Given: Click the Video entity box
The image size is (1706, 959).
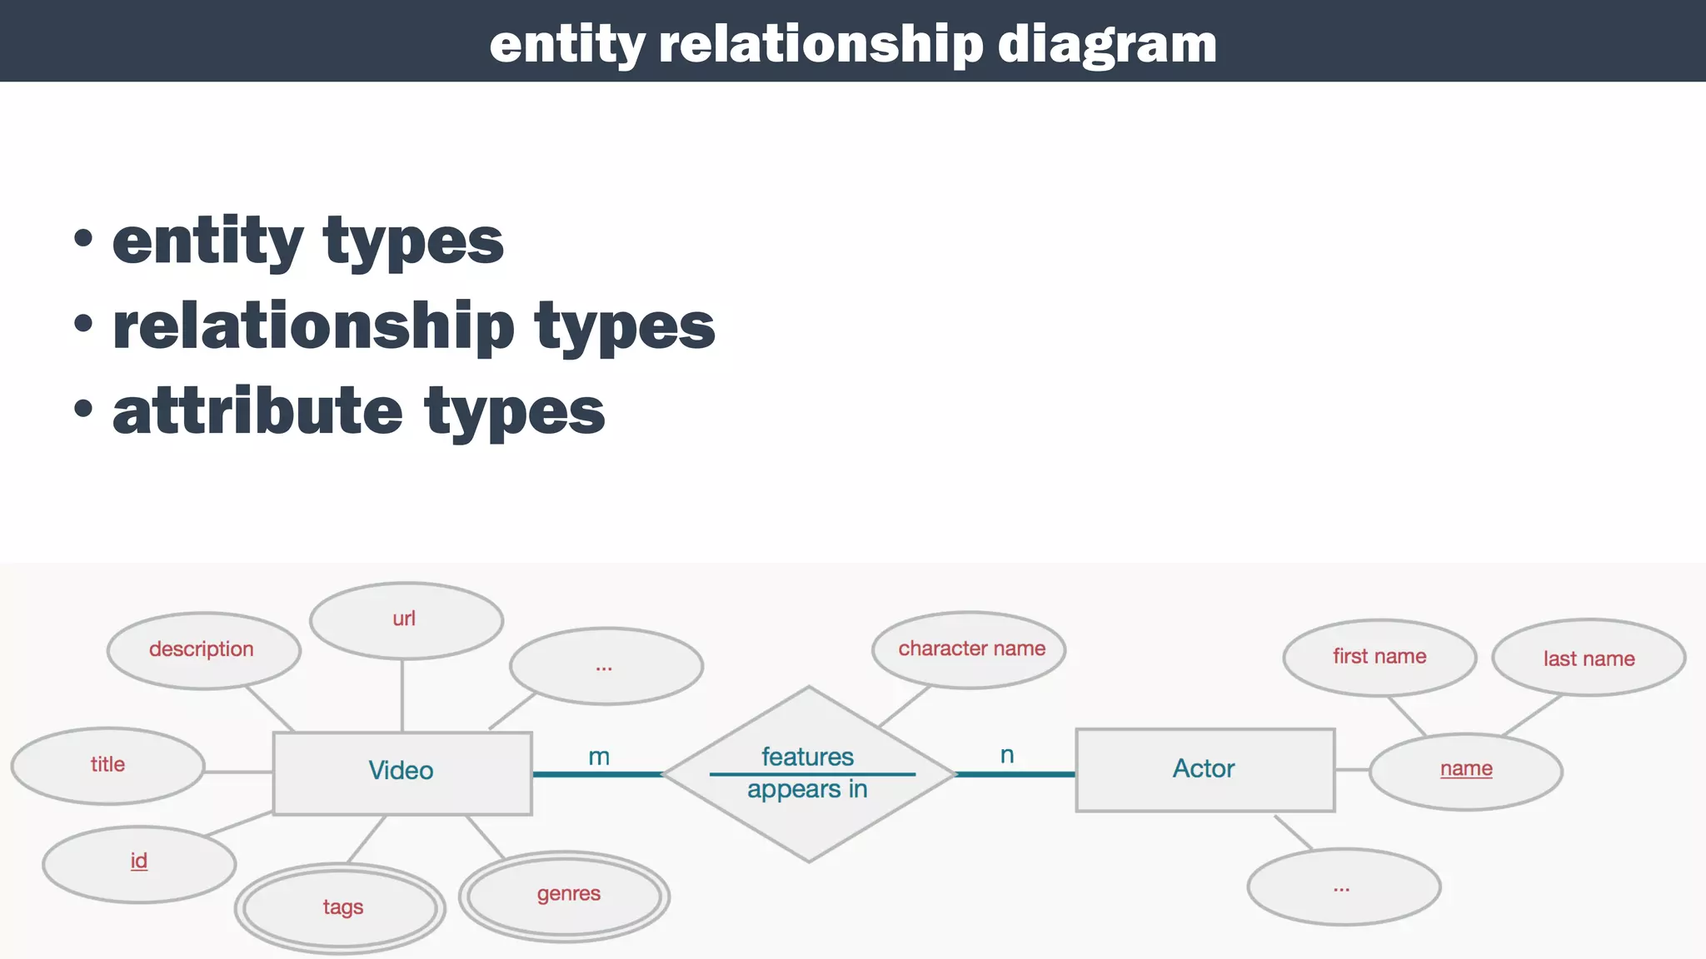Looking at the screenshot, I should (402, 773).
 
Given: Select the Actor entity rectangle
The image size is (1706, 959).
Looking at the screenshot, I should (1205, 770).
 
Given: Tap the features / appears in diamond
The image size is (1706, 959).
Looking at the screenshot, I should (808, 773).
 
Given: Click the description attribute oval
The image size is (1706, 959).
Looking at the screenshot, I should (203, 650).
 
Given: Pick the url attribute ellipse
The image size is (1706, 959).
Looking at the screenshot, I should (406, 620).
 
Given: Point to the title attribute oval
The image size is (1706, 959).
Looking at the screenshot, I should (108, 765).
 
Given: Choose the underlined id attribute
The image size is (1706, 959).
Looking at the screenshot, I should (139, 862).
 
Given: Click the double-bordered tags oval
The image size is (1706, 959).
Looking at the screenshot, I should (341, 907).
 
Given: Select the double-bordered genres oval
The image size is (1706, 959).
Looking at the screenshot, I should (566, 896).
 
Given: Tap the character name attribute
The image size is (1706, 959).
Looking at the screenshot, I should (970, 649).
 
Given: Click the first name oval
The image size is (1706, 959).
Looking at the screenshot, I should (1379, 657).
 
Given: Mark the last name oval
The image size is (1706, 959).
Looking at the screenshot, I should (1589, 658).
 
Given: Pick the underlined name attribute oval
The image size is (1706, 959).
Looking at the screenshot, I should (1466, 770).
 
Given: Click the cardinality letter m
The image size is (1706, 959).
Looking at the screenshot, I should (599, 757).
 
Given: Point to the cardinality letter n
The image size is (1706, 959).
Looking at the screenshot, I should (1007, 755).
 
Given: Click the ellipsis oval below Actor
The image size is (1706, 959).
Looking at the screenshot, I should (1344, 887).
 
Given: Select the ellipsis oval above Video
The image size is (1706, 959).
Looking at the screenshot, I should (606, 666).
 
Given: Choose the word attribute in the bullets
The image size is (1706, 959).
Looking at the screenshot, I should (258, 411).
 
